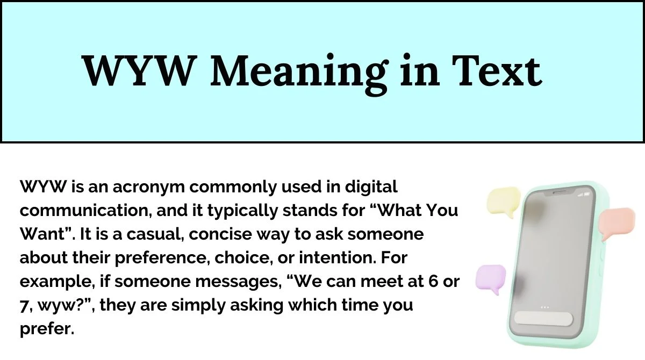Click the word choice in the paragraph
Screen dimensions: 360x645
tap(245, 258)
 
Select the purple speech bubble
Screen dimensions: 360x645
tap(490, 279)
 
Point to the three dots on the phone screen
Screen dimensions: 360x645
tap(544, 307)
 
